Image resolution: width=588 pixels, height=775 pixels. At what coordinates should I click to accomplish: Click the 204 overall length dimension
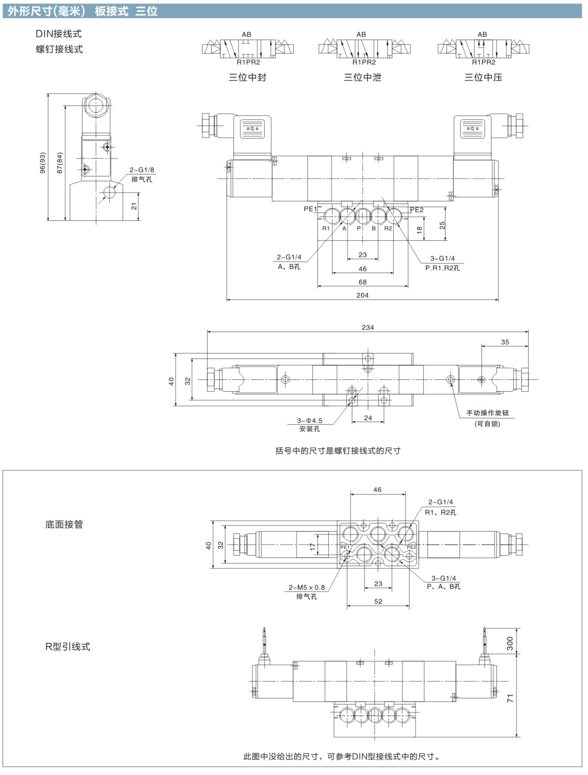362,295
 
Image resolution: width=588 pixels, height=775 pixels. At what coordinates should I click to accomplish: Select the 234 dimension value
368,328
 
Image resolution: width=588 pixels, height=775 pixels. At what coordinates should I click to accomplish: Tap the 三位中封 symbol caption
248,77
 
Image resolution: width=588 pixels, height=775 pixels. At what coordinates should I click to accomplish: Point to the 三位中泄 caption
362,77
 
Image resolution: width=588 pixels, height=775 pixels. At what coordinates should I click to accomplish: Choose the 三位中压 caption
483,77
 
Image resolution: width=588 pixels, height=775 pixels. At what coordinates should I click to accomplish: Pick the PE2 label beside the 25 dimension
417,210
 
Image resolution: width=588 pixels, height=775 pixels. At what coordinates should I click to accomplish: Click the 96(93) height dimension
43,163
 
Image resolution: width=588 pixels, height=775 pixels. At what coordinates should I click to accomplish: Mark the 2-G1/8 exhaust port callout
142,170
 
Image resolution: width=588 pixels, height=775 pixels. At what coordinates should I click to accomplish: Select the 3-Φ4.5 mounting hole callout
310,420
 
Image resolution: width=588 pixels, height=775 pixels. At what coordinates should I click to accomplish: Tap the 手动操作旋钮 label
487,413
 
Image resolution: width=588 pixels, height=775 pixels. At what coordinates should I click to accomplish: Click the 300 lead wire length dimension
510,644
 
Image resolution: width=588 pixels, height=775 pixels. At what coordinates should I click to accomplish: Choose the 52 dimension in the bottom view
378,602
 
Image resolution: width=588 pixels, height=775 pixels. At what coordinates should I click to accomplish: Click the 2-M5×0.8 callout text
307,587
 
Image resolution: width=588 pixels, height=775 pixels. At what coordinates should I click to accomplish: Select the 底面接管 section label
64,524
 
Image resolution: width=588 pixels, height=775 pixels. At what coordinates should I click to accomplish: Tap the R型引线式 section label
68,647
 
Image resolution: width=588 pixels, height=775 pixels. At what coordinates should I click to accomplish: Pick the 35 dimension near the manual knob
505,342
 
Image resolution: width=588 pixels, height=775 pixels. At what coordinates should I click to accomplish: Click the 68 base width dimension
362,282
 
